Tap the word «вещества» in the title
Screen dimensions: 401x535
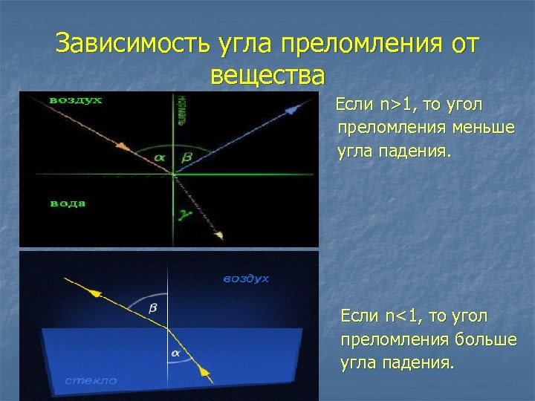tap(267, 75)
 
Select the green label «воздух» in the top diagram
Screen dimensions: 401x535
tap(76, 100)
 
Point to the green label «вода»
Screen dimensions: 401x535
tap(68, 202)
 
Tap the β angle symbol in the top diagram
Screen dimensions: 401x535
tap(187, 157)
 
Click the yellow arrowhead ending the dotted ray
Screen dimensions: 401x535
tap(219, 235)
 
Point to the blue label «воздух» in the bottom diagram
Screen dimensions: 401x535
tap(246, 278)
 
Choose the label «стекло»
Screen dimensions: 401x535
tap(91, 379)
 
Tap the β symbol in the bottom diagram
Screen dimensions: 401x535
tap(154, 307)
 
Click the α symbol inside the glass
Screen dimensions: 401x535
tap(176, 353)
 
